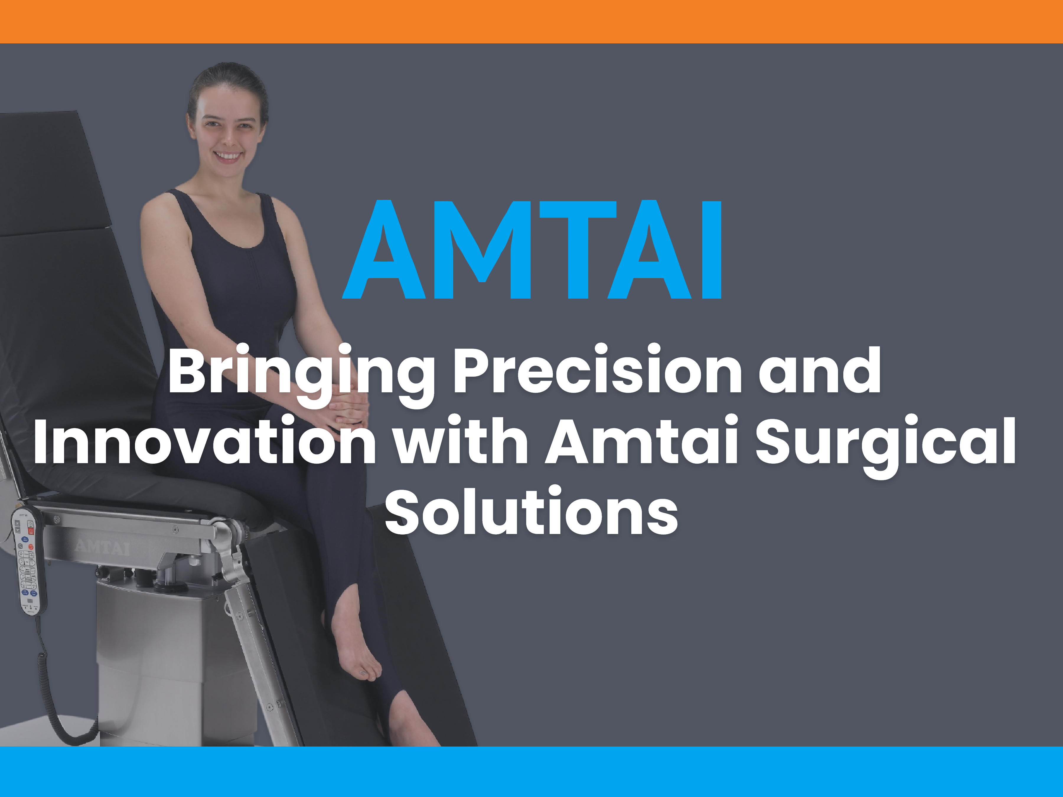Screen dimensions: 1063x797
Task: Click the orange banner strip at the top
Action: tap(531, 22)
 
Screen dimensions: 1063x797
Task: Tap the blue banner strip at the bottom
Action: tap(531, 772)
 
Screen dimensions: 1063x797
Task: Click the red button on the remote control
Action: tap(31, 531)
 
